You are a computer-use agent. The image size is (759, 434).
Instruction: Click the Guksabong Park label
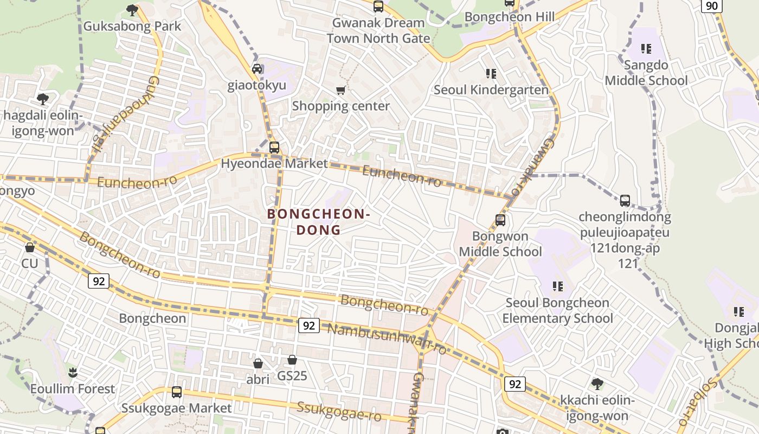132,26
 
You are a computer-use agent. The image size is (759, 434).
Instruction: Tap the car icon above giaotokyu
257,69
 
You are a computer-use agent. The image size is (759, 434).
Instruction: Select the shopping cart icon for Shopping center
340,90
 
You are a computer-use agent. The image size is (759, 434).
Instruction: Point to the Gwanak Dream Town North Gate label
378,30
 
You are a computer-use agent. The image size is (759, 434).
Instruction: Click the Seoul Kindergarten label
491,90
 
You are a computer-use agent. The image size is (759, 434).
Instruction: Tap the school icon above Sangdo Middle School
646,49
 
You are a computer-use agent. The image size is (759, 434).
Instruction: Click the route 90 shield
711,6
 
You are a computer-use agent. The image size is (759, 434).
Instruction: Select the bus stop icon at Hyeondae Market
274,147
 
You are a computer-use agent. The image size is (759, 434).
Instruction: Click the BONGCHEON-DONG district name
319,222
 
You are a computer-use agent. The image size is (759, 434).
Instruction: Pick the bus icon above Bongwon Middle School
500,220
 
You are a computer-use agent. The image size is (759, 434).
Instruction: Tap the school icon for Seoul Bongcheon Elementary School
557,286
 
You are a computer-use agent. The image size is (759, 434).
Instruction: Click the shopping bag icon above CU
30,247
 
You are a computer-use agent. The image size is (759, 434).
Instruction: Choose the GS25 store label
292,375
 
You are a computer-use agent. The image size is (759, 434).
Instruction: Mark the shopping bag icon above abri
258,363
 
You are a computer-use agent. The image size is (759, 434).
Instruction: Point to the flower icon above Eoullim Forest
73,372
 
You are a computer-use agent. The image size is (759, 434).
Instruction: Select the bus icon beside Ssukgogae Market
176,392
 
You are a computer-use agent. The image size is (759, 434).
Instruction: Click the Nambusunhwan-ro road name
387,337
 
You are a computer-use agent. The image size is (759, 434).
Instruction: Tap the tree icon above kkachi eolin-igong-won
597,384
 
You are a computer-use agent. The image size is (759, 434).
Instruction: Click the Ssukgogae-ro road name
339,411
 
